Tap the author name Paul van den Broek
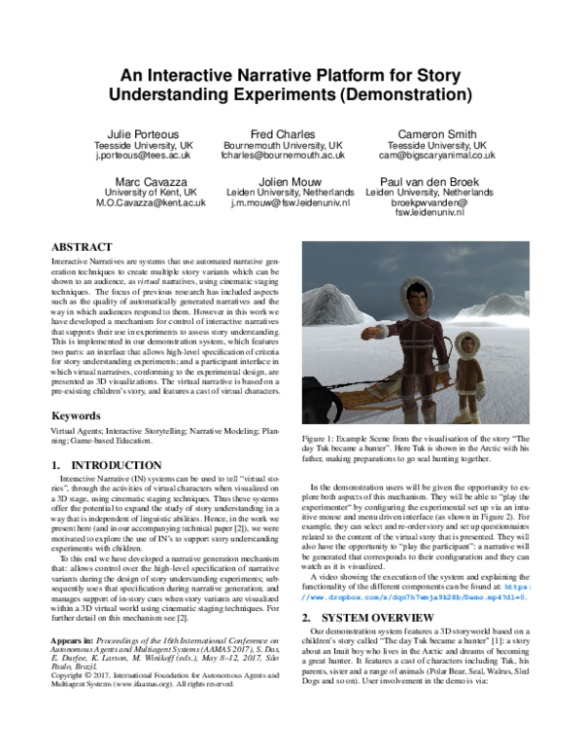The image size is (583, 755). coord(438,181)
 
